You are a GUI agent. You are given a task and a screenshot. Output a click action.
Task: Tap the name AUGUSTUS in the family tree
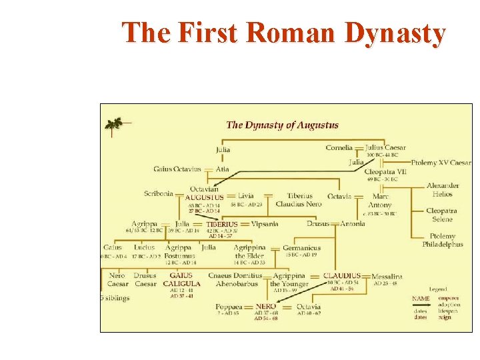(204, 198)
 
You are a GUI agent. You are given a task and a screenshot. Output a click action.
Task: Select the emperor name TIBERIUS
(222, 225)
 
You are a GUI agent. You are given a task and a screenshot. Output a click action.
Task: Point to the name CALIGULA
(181, 283)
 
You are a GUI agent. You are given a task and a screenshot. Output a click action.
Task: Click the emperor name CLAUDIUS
(342, 275)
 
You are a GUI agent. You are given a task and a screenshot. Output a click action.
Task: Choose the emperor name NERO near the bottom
(266, 307)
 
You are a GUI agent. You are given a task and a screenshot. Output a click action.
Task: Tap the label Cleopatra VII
(385, 171)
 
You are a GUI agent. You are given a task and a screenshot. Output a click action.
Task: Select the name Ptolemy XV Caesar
(441, 163)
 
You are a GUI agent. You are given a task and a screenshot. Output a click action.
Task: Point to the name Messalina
(387, 276)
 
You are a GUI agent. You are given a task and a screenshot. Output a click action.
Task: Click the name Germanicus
(301, 248)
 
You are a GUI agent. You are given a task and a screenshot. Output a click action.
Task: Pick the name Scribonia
(159, 194)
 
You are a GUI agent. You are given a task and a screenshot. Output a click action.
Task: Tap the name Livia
(245, 196)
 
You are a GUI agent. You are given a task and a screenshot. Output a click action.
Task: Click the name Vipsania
(265, 224)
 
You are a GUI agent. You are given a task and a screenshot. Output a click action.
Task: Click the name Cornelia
(339, 147)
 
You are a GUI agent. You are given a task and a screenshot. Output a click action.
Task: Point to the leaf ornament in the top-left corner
(115, 124)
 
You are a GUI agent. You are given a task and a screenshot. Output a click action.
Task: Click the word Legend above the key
(437, 289)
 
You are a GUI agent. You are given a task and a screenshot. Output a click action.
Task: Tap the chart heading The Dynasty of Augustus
(282, 125)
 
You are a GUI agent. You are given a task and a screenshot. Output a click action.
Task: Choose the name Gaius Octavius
(177, 169)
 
